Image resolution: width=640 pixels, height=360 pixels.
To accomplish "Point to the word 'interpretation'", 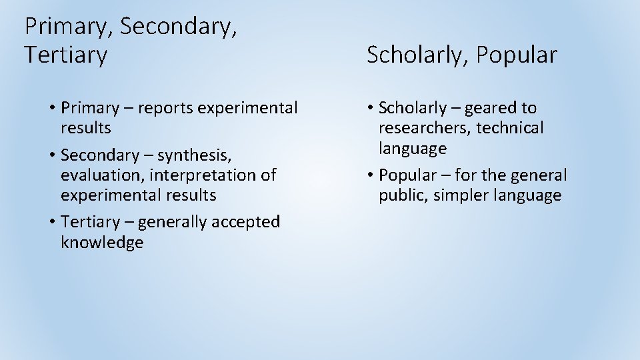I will [x=203, y=175].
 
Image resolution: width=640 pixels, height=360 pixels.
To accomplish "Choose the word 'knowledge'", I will [x=102, y=242].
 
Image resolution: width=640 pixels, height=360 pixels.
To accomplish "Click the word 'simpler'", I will [x=461, y=195].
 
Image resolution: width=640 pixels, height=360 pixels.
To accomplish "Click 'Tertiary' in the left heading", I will [x=65, y=55].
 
